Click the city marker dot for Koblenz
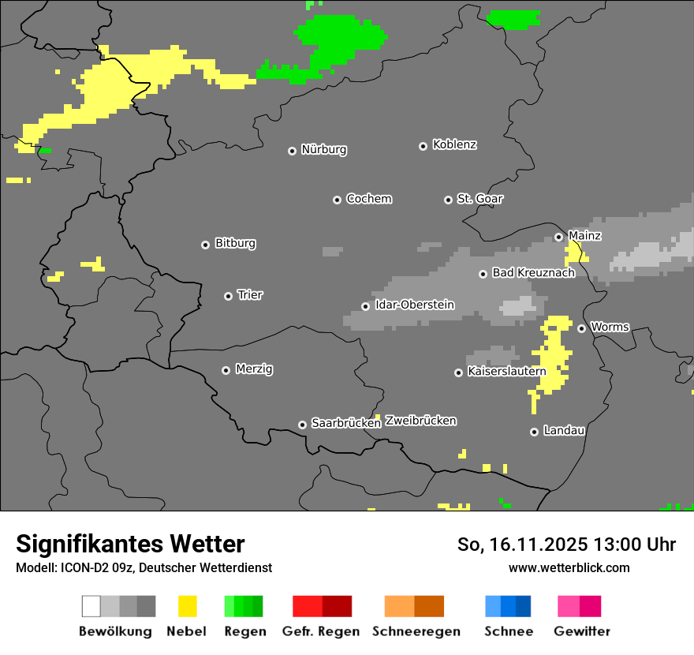[x=423, y=146]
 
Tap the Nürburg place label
[x=323, y=150]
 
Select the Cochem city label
[x=368, y=199]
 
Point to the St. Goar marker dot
[x=448, y=200]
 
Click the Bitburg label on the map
[x=235, y=244]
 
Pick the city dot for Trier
[x=228, y=296]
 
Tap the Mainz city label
[x=584, y=236]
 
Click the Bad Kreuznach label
[x=533, y=273]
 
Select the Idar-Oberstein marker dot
[x=365, y=306]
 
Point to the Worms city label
[x=610, y=327]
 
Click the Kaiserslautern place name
[x=506, y=371]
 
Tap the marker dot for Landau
[x=534, y=432]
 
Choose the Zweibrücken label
[x=420, y=421]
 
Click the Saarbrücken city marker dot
[x=302, y=425]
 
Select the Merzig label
[x=254, y=369]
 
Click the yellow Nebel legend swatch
[x=187, y=606]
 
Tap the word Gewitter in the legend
[x=581, y=631]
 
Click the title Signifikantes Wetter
[x=130, y=544]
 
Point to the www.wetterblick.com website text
[x=569, y=567]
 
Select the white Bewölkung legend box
[x=91, y=606]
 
